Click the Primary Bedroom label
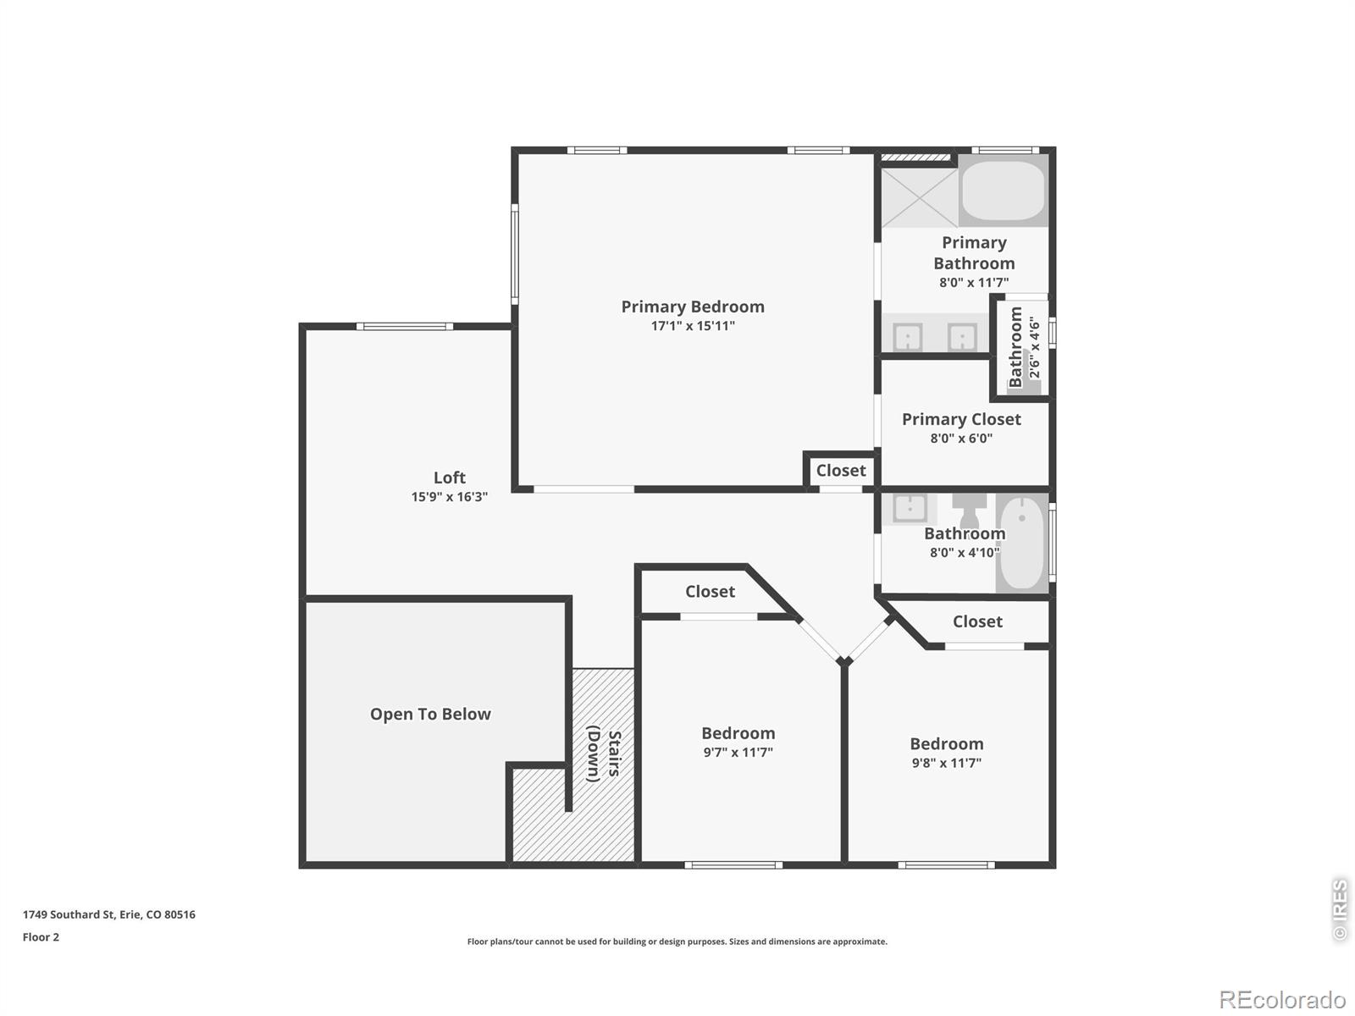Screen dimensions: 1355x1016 (x=692, y=306)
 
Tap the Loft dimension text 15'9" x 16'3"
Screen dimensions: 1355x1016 (x=450, y=497)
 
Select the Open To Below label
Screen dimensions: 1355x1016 (x=430, y=714)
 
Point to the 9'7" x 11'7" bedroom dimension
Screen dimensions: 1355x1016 (x=738, y=752)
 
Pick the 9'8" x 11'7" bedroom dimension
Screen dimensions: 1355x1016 (x=946, y=763)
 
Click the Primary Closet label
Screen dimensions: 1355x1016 (x=961, y=419)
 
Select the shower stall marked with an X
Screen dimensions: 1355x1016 (x=919, y=196)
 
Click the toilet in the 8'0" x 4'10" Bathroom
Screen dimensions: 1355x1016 (x=969, y=510)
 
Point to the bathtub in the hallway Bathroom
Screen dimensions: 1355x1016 (x=1021, y=544)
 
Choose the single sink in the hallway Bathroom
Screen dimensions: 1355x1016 (x=910, y=509)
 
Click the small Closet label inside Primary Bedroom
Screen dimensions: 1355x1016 (x=841, y=471)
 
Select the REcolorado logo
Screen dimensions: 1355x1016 (x=1282, y=999)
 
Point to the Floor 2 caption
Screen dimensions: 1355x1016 (x=41, y=937)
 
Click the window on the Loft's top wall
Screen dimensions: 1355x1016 (x=404, y=326)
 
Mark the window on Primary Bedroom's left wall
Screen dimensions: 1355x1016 (x=514, y=254)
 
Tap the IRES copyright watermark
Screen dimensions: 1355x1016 (x=1340, y=909)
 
